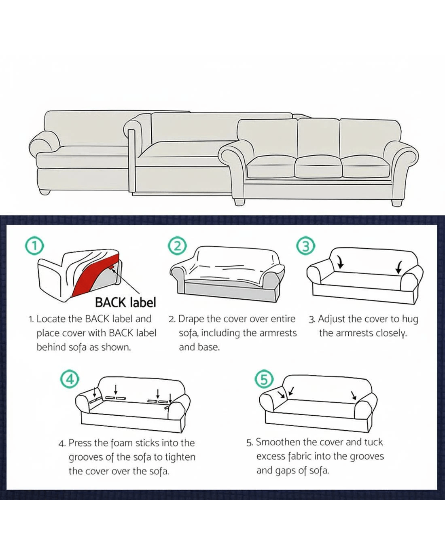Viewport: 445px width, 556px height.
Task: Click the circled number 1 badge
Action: pyautogui.click(x=34, y=246)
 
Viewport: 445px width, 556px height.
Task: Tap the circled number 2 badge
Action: pyautogui.click(x=177, y=246)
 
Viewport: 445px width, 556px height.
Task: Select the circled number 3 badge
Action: pyautogui.click(x=305, y=246)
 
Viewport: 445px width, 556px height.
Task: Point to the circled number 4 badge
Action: pyautogui.click(x=70, y=379)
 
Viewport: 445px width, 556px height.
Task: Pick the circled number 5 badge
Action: pyautogui.click(x=264, y=379)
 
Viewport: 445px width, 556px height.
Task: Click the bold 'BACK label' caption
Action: pyautogui.click(x=126, y=302)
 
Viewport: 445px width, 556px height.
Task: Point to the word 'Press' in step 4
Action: pyautogui.click(x=80, y=443)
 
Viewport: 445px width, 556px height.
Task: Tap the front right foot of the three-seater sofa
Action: pyautogui.click(x=396, y=203)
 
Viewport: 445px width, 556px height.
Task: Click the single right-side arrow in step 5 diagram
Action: pyautogui.click(x=354, y=395)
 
